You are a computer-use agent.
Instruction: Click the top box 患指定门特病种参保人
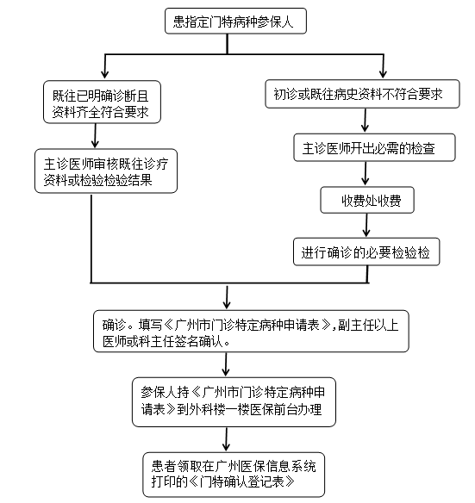tap(235, 22)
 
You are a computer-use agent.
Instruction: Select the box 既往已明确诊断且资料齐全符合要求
tap(102, 102)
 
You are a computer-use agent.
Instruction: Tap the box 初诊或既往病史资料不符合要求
tap(362, 94)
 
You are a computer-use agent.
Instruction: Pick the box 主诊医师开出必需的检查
tap(374, 147)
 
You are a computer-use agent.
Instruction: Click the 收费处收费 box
tap(367, 200)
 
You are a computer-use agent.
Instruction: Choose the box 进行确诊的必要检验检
tap(366, 251)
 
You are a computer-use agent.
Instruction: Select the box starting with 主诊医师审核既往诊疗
tap(106, 171)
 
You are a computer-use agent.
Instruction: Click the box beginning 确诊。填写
tap(251, 331)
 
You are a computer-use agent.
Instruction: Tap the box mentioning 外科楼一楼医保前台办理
tap(234, 402)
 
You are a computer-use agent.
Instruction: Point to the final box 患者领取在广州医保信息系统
tap(234, 475)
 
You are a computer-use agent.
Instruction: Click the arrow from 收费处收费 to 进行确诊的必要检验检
tap(366, 226)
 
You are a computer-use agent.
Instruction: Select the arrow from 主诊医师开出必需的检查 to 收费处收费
tap(366, 174)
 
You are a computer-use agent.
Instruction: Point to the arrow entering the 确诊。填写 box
tap(227, 298)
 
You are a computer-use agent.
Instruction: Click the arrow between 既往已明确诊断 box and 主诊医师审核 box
tap(95, 136)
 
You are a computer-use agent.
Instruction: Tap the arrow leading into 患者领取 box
tap(226, 439)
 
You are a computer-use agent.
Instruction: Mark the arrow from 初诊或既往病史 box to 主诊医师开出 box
tap(365, 121)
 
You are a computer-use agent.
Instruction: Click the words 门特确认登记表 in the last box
tap(247, 482)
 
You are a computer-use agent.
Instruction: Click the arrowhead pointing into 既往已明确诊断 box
tap(104, 74)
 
